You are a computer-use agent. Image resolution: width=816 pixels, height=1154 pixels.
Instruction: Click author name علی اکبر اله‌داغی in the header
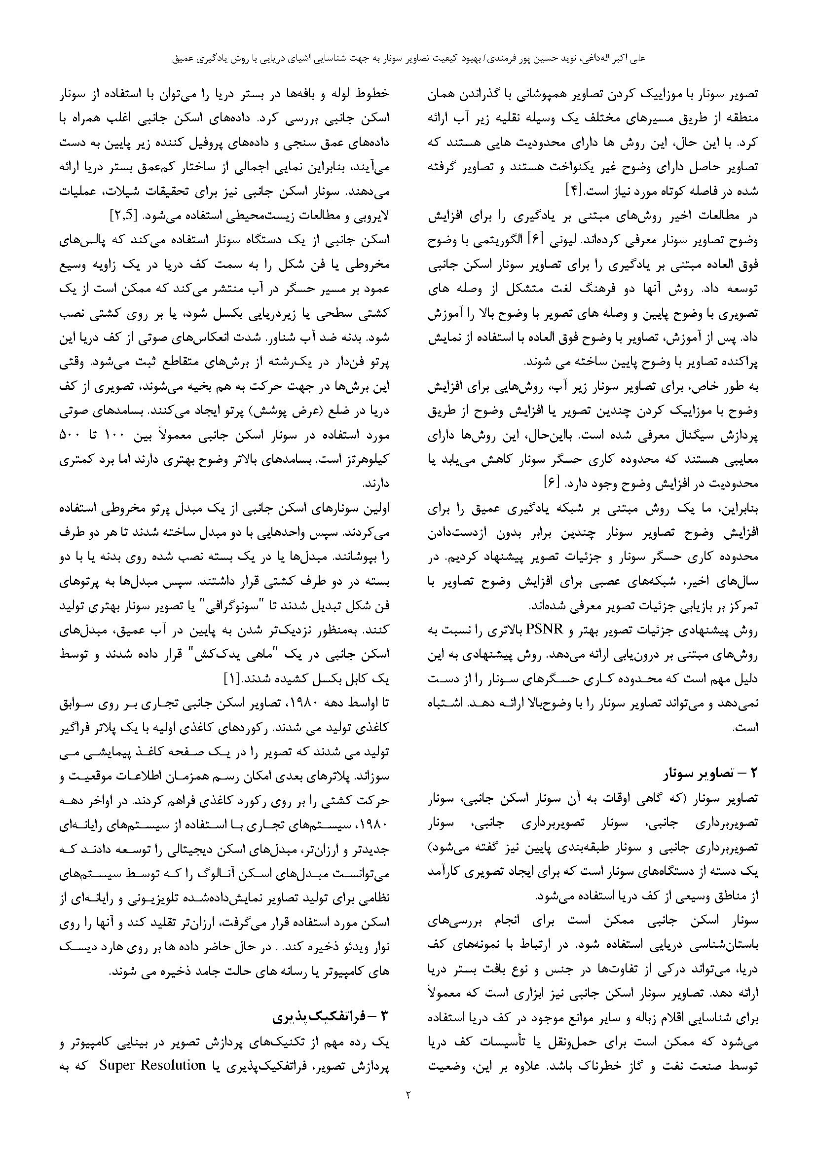[x=614, y=58]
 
